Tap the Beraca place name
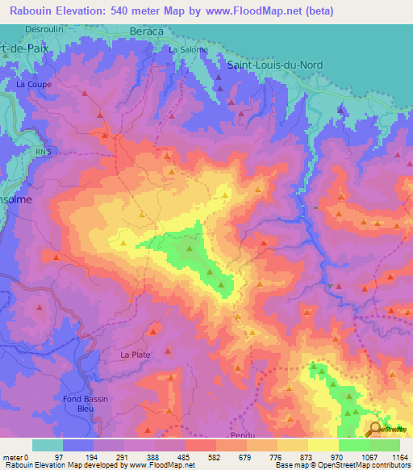146,31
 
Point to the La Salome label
188,50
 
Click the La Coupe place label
32,83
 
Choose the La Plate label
135,355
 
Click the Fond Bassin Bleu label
85,404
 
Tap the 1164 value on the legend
400,458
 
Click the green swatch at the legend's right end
384,445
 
